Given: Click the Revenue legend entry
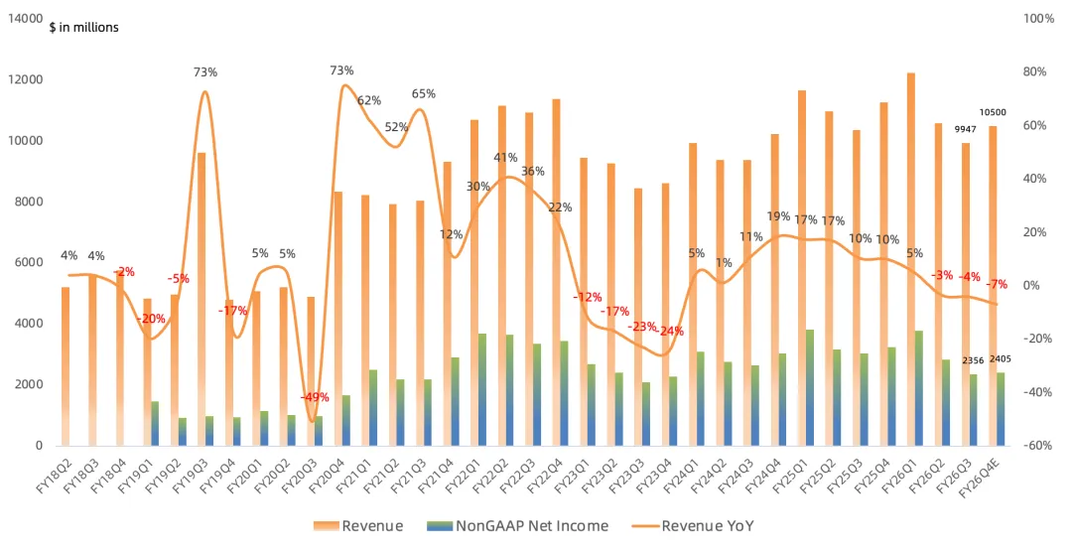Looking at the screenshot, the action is (x=358, y=525).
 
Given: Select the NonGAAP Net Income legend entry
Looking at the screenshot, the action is (x=517, y=525).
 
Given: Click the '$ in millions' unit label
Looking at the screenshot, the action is (x=83, y=28).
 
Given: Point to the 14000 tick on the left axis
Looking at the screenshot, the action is (x=25, y=19).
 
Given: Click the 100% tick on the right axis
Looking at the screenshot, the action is (x=1038, y=19).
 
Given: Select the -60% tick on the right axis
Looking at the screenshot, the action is (x=1038, y=446).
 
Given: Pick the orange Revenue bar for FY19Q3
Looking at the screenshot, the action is (x=201, y=299).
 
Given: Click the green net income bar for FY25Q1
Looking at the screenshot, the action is (x=810, y=387).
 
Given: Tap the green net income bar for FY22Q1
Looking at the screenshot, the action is (x=482, y=389).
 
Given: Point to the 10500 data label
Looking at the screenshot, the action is (x=993, y=113).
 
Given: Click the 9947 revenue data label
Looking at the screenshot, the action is (x=966, y=129).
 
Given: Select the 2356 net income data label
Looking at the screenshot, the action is (x=974, y=360).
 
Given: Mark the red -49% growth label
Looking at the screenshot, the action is (x=315, y=397).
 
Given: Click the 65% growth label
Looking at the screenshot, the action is (x=423, y=93).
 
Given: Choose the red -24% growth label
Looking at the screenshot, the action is (x=670, y=332).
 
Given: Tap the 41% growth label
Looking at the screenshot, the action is (x=505, y=158).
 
